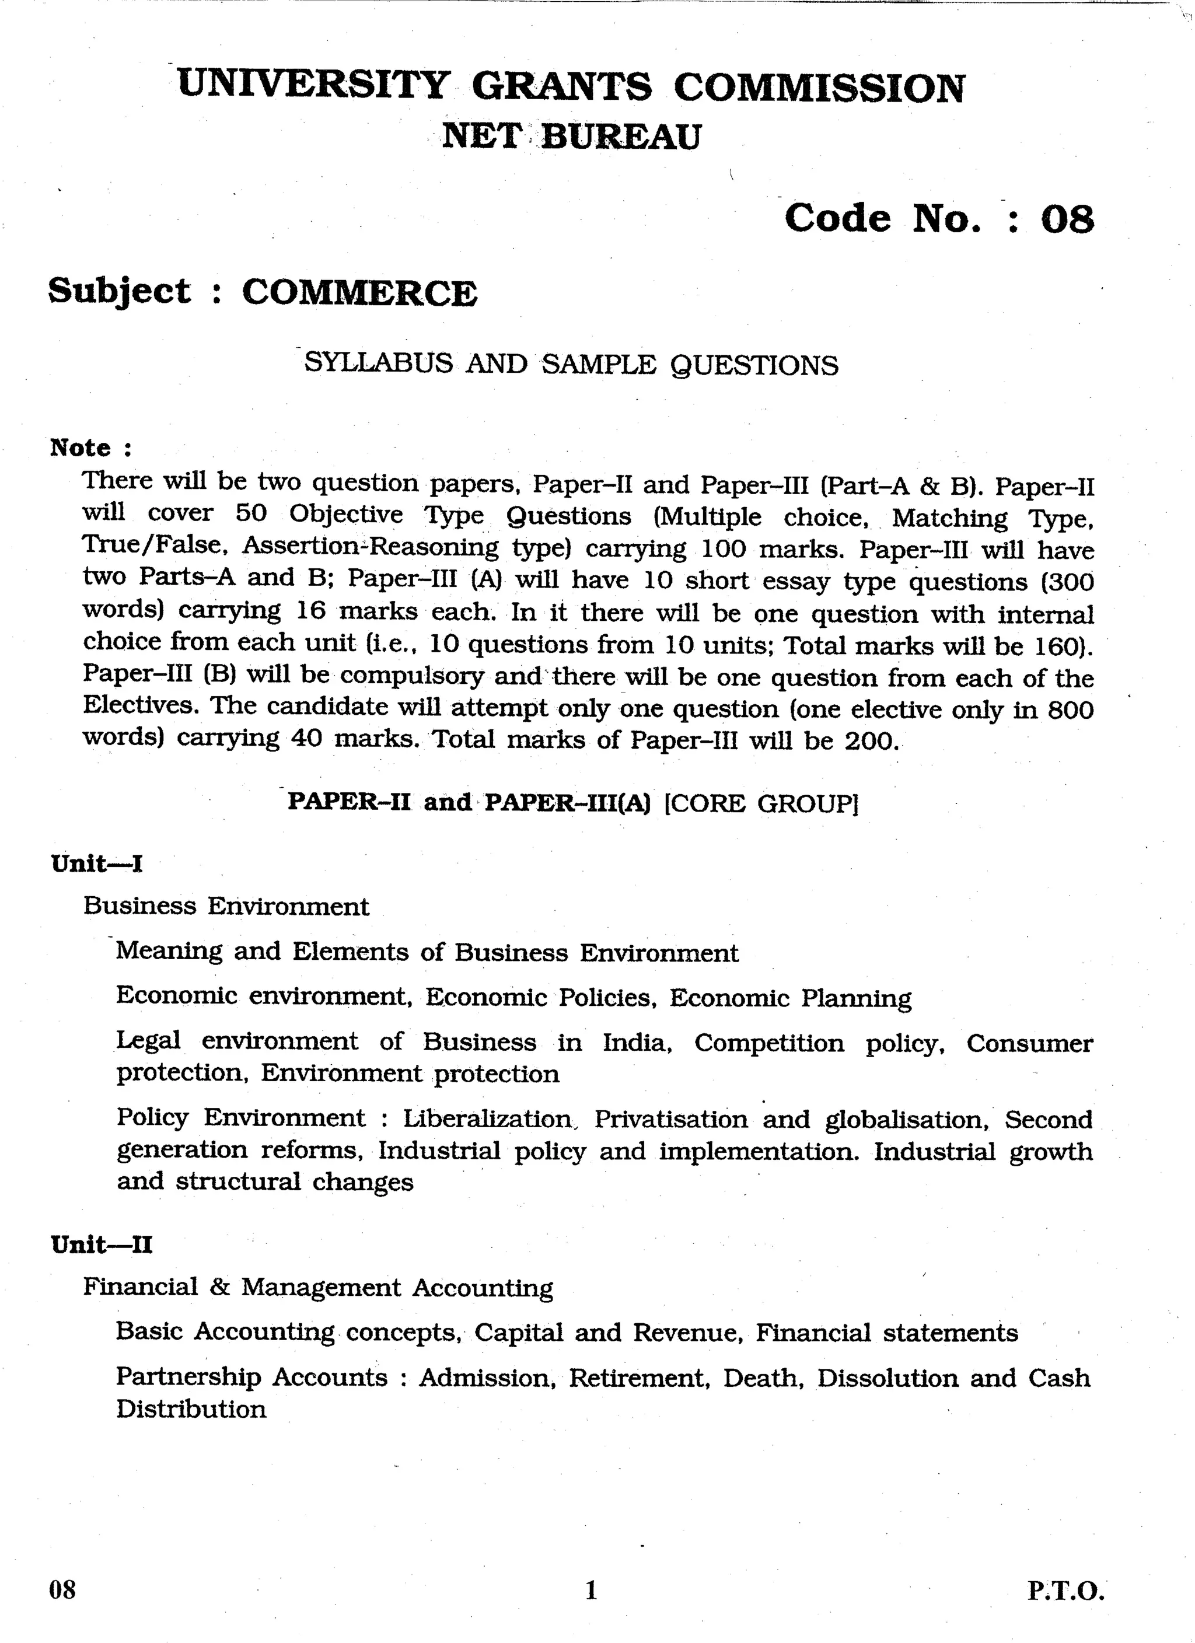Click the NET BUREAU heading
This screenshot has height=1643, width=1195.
tap(571, 136)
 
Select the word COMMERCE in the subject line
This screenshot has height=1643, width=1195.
tap(359, 293)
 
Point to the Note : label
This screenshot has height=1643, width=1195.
tap(90, 448)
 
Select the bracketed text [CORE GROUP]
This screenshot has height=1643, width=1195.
tap(761, 803)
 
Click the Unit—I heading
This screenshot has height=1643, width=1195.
tap(96, 864)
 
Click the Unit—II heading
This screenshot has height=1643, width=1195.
tap(102, 1245)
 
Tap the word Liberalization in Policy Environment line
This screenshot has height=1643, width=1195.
tap(487, 1118)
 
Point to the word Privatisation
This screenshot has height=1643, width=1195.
tap(670, 1119)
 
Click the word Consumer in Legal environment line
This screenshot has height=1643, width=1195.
tap(1029, 1043)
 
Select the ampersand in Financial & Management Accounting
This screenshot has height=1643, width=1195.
tap(219, 1287)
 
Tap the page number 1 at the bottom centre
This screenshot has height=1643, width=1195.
tap(590, 1590)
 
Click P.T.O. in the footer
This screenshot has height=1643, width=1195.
tap(1065, 1591)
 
